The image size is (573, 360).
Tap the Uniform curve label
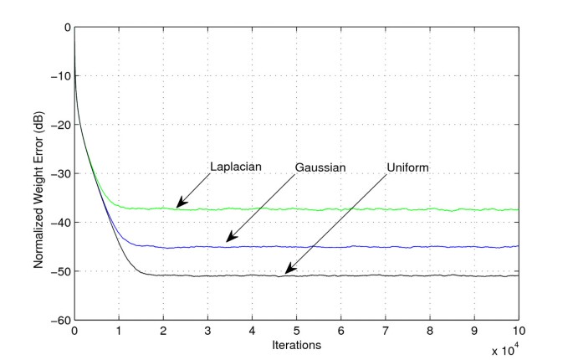coord(408,167)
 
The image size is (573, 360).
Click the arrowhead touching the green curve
coord(179,205)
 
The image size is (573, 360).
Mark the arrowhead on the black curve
coord(287,271)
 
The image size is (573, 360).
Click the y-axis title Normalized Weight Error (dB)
coord(38,173)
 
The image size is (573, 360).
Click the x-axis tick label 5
coord(296,331)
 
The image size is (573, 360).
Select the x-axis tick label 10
coord(518,331)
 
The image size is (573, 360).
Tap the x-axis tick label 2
coord(163,331)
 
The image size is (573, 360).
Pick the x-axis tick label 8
coord(429,331)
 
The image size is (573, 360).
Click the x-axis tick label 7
coord(385,331)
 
